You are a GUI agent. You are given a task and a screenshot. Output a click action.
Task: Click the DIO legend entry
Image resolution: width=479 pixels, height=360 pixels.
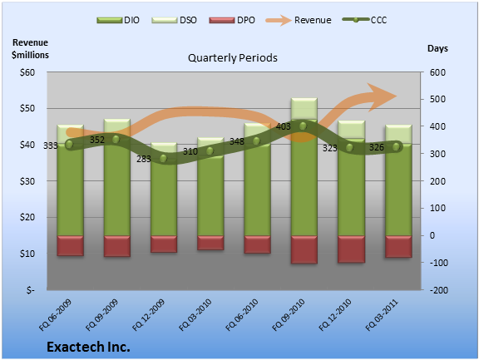point(118,20)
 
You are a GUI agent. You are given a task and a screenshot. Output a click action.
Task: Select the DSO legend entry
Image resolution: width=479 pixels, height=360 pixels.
point(174,20)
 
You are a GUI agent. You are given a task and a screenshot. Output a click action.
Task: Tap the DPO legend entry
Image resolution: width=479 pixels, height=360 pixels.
point(232,20)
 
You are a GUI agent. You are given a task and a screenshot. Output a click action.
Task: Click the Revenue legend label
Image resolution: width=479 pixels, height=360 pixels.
point(313,20)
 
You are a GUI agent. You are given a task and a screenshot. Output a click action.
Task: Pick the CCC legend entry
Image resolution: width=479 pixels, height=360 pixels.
point(365,20)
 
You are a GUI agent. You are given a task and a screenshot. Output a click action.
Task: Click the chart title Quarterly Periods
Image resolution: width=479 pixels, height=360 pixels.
point(233,57)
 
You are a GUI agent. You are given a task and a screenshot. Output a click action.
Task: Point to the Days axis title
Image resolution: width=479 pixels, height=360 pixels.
point(437,48)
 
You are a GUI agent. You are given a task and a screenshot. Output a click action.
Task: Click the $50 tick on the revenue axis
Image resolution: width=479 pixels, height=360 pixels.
point(27,108)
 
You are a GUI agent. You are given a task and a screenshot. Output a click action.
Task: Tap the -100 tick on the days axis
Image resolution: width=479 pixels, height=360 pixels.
point(439,262)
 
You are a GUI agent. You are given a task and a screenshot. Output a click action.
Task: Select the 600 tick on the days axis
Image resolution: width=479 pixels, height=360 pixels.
point(437,72)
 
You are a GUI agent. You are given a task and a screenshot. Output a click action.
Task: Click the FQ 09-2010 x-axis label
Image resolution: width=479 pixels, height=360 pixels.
point(289,315)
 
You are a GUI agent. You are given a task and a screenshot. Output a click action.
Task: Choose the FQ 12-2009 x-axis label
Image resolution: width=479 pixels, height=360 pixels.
point(149,315)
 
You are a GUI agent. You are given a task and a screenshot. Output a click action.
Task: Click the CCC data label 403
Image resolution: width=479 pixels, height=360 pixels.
point(284,126)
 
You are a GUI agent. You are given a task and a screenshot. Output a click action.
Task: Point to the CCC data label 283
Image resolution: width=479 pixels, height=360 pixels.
point(144,159)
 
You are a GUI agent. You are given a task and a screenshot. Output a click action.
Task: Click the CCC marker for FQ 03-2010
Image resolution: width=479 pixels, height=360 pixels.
point(210,150)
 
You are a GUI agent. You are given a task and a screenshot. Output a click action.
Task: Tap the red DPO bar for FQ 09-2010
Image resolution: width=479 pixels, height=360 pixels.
point(304,249)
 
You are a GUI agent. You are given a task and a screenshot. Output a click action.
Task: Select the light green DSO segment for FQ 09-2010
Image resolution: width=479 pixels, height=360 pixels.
point(304,109)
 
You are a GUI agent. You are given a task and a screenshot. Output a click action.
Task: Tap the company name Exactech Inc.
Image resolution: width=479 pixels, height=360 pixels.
point(89,347)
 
